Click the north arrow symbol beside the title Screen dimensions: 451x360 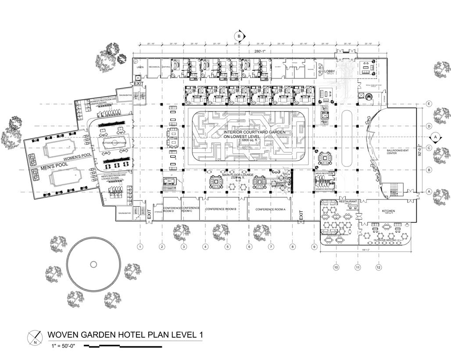pyautogui.click(x=34, y=336)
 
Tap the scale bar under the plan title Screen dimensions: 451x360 pyautogui.click(x=123, y=346)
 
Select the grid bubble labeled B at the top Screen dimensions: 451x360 pyautogui.click(x=239, y=36)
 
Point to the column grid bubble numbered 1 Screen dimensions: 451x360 pyautogui.click(x=140, y=247)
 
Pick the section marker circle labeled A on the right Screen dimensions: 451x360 pyautogui.click(x=435, y=137)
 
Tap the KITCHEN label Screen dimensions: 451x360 pyautogui.click(x=388, y=211)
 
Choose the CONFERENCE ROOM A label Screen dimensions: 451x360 pyautogui.click(x=270, y=209)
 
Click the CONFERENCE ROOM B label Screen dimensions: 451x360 pyautogui.click(x=221, y=209)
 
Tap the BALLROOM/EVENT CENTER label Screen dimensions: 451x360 pyautogui.click(x=397, y=151)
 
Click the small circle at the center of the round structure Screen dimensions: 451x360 pyautogui.click(x=93, y=264)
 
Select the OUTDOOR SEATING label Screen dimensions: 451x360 pyautogui.click(x=385, y=240)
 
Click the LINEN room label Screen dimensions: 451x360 pyautogui.click(x=140, y=67)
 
